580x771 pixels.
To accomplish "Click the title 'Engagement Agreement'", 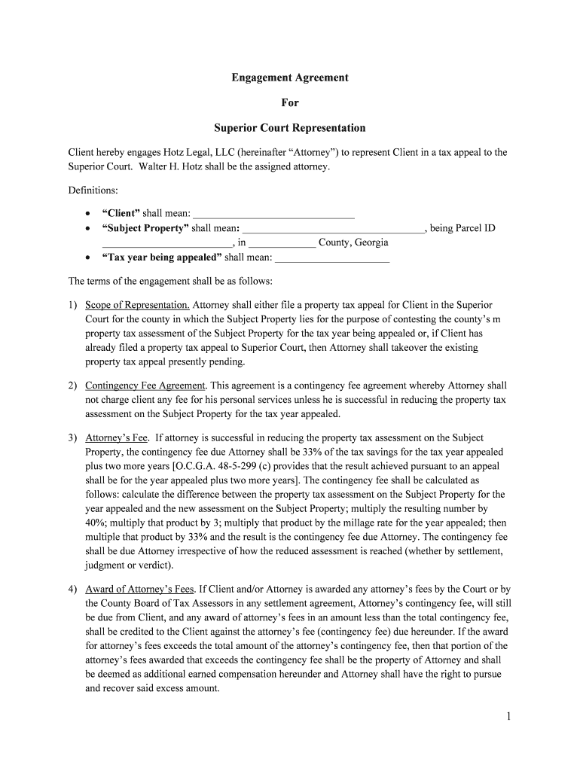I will click(x=289, y=78).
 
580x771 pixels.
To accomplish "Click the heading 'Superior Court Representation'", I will click(x=289, y=127).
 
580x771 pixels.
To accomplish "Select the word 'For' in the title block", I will click(x=289, y=102).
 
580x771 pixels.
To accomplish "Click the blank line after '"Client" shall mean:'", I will click(x=274, y=214).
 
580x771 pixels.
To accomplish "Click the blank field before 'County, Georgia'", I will click(x=282, y=242).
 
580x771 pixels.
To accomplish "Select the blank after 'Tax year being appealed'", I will click(x=332, y=258).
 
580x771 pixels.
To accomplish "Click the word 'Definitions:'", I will click(x=93, y=190).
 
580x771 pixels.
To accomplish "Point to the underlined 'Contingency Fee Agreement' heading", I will click(x=145, y=385).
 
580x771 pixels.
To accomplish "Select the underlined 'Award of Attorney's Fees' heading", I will click(x=140, y=589).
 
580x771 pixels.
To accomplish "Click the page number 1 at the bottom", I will click(x=509, y=717).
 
